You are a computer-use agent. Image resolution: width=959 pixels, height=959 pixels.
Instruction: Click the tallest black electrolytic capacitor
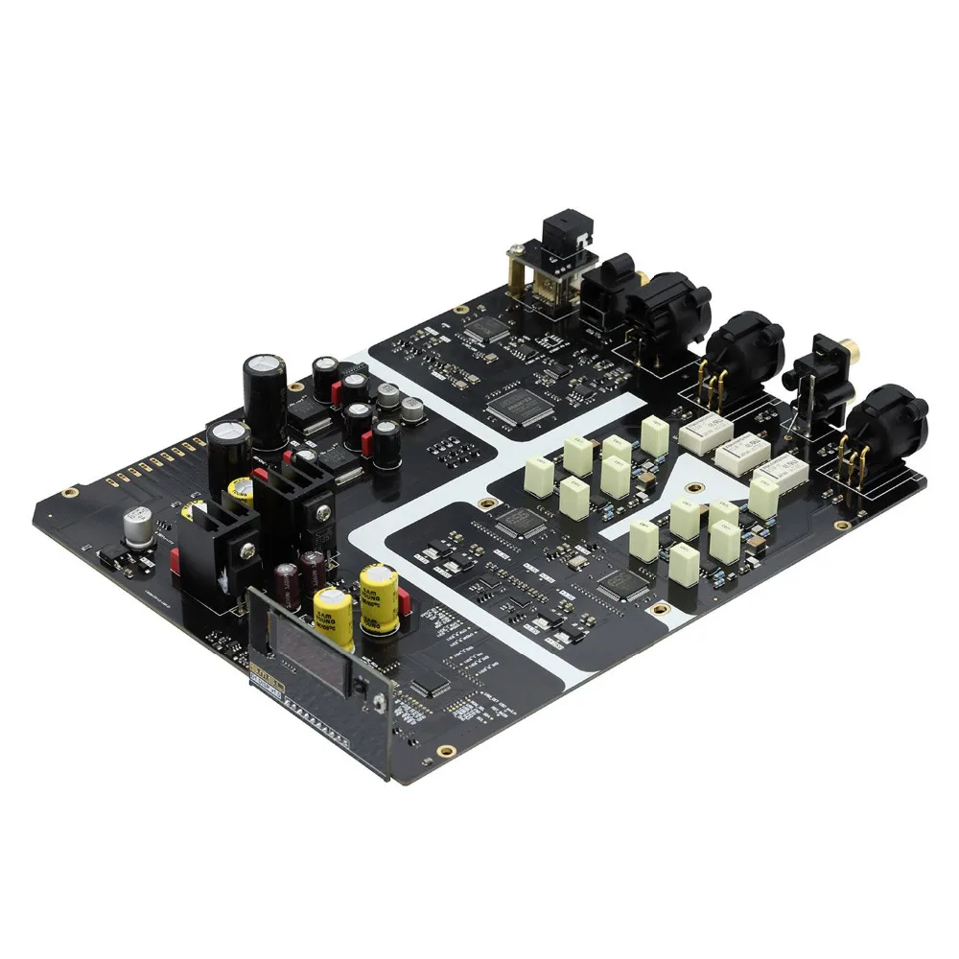click(265, 393)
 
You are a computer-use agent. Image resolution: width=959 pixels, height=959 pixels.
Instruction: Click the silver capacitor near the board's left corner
click(137, 528)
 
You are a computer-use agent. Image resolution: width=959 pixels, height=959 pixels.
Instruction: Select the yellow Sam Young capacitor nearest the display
click(332, 612)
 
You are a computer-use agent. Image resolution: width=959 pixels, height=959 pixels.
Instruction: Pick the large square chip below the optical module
click(516, 409)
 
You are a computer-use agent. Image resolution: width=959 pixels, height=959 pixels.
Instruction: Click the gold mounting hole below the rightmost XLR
click(843, 526)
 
